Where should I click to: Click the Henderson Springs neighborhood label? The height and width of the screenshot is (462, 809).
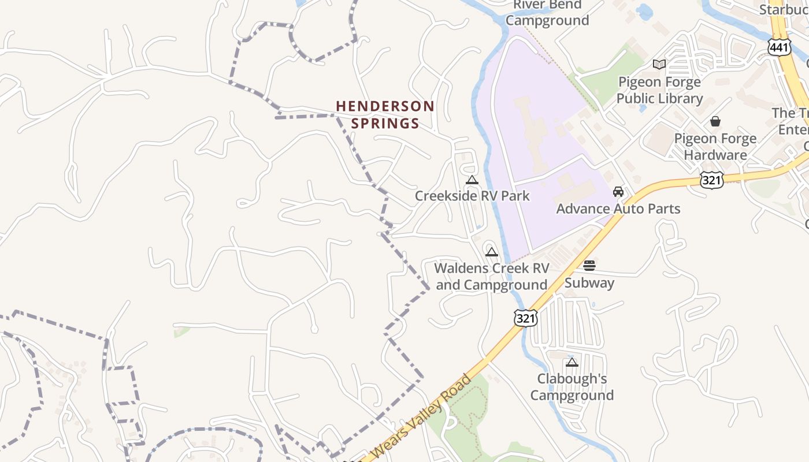click(x=385, y=114)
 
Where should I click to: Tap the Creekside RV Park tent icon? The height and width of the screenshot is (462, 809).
click(x=472, y=180)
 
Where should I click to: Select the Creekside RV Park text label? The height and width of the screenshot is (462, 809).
click(x=472, y=196)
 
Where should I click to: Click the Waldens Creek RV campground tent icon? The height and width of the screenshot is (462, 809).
click(x=492, y=252)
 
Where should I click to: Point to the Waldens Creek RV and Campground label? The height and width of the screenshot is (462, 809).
click(x=492, y=276)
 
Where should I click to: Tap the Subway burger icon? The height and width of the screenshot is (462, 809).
click(x=589, y=266)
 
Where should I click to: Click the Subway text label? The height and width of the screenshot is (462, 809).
click(x=589, y=282)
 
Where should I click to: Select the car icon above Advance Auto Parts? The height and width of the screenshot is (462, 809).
click(x=618, y=192)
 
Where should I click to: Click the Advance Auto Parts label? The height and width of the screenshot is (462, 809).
click(x=618, y=208)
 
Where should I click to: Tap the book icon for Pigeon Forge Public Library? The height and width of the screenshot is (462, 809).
click(x=659, y=64)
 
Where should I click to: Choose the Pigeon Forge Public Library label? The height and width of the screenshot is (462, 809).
click(x=659, y=90)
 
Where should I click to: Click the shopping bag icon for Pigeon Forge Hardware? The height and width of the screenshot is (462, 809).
click(x=715, y=121)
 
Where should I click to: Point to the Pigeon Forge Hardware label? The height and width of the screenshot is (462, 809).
click(x=715, y=147)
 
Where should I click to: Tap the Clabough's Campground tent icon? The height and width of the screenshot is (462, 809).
click(x=572, y=363)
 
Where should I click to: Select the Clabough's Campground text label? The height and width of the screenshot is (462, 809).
click(x=572, y=387)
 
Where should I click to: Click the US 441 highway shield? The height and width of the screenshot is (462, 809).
click(x=780, y=48)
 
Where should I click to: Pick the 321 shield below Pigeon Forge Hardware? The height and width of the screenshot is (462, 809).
click(x=711, y=180)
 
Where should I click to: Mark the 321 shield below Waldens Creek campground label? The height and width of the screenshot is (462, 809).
click(x=526, y=318)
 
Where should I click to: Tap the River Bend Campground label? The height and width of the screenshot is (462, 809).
click(x=547, y=13)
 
